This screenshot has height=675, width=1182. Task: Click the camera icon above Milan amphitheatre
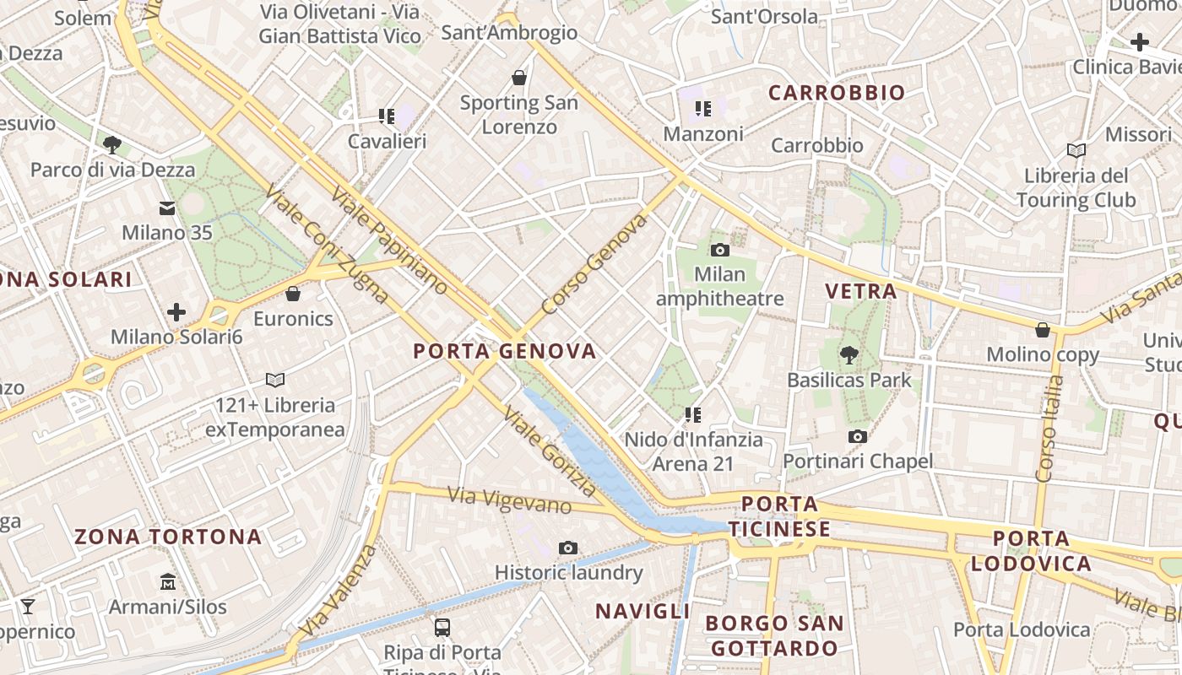[x=719, y=250]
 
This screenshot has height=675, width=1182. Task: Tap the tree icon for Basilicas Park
[x=849, y=355]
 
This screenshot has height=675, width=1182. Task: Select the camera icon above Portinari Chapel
[x=858, y=436]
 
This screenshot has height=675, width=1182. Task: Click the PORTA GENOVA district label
[x=505, y=351]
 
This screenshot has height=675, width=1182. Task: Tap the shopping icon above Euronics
[x=293, y=294]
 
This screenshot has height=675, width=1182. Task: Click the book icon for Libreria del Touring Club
[x=1076, y=151]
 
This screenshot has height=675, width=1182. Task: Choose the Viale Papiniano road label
[x=388, y=240]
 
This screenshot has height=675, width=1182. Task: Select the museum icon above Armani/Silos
[x=167, y=582]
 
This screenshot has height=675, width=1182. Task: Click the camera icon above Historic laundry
[x=568, y=548]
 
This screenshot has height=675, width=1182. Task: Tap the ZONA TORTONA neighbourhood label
[x=168, y=537]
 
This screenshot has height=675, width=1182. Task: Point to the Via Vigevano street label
[x=510, y=500]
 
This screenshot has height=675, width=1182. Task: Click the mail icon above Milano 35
[x=167, y=208]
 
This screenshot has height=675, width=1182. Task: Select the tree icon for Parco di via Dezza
[x=112, y=145]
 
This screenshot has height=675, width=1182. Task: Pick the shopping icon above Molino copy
[x=1043, y=330]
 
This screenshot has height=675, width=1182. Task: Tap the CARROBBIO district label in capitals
[x=837, y=93]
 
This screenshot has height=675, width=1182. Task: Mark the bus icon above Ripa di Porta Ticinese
[x=442, y=628]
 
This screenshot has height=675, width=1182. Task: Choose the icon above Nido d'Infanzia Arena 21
[x=693, y=415]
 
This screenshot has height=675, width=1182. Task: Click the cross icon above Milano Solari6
[x=176, y=312]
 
